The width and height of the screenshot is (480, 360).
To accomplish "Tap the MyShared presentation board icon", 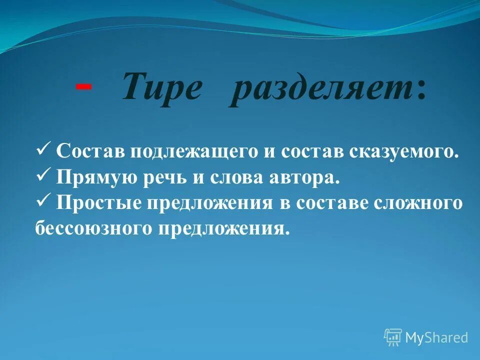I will pos(393,337).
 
